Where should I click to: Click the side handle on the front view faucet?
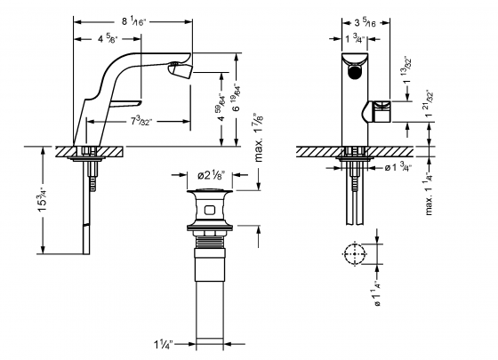382,110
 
